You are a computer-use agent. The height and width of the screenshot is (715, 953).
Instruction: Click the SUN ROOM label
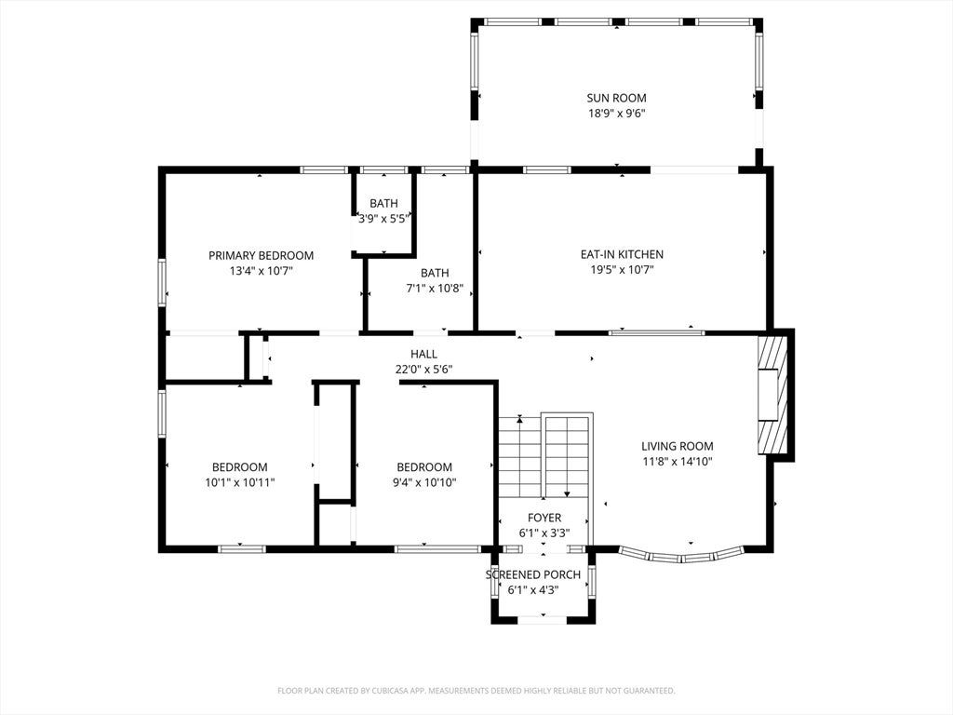[616, 98]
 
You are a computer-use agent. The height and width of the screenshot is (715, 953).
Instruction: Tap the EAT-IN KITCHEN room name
[622, 255]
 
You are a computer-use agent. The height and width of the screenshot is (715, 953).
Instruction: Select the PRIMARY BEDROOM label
[262, 256]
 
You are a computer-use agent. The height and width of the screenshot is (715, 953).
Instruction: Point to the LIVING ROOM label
[678, 446]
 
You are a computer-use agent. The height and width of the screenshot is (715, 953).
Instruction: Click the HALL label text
[423, 355]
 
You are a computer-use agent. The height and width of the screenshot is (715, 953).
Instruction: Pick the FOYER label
[544, 518]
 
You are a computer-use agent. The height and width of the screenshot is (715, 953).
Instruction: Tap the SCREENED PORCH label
[533, 575]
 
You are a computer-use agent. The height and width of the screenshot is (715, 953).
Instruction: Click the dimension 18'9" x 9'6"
[616, 114]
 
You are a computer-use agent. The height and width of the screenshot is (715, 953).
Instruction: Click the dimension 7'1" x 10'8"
[435, 289]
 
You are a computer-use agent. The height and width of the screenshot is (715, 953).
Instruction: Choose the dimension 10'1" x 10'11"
[240, 483]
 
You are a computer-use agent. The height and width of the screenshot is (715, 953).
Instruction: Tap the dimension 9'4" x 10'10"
[424, 483]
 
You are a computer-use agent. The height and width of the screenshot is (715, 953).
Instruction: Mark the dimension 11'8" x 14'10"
[678, 462]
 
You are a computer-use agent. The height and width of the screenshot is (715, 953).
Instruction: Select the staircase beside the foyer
[545, 457]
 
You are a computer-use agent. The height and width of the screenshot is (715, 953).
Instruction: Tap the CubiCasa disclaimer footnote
[476, 691]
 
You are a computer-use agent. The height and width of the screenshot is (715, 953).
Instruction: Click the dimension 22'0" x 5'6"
[423, 370]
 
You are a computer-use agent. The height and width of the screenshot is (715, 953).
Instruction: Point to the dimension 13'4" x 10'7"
[262, 272]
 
